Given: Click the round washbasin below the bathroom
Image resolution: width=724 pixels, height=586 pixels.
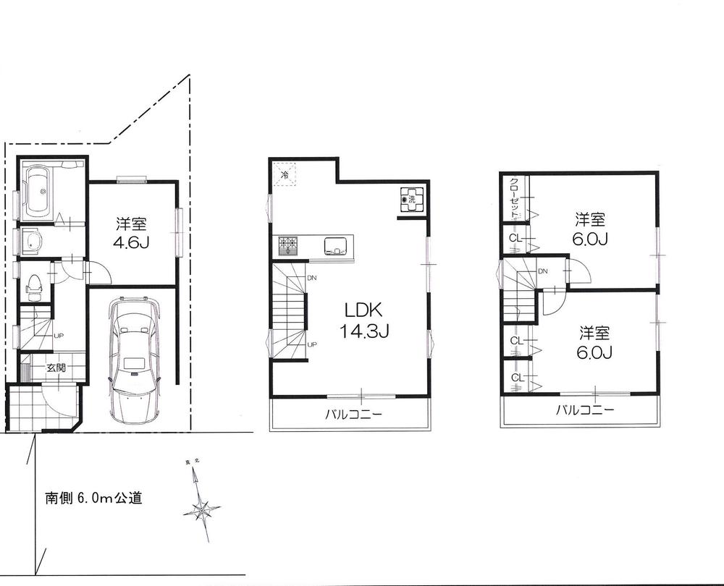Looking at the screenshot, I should coord(33,242).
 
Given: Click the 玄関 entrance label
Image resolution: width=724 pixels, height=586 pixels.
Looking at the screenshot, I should coord(56,368).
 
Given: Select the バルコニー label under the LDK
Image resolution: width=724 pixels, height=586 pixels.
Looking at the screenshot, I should coord(353,415).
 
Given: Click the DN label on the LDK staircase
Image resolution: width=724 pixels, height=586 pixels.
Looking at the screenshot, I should coord(311,278).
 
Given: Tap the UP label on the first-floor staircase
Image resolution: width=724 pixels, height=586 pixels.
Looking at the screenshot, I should coord(59,336).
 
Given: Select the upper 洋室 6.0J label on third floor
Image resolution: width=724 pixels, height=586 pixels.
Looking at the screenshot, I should coord(591,228).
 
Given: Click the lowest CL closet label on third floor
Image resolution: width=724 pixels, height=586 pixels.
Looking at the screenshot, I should coord(516,378).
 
